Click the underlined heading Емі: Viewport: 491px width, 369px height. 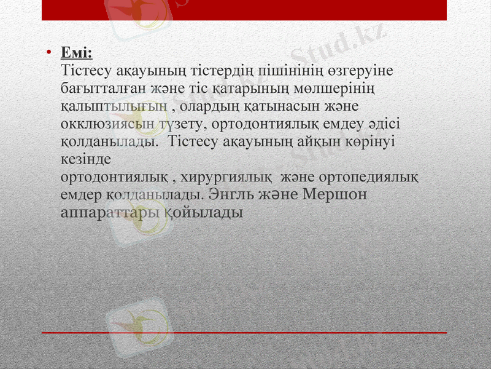tap(77, 55)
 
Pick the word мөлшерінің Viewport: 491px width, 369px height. tap(341, 89)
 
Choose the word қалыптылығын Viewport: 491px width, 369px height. tap(114, 106)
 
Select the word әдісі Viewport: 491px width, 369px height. tap(384, 124)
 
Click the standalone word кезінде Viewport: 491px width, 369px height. tap(86, 159)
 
